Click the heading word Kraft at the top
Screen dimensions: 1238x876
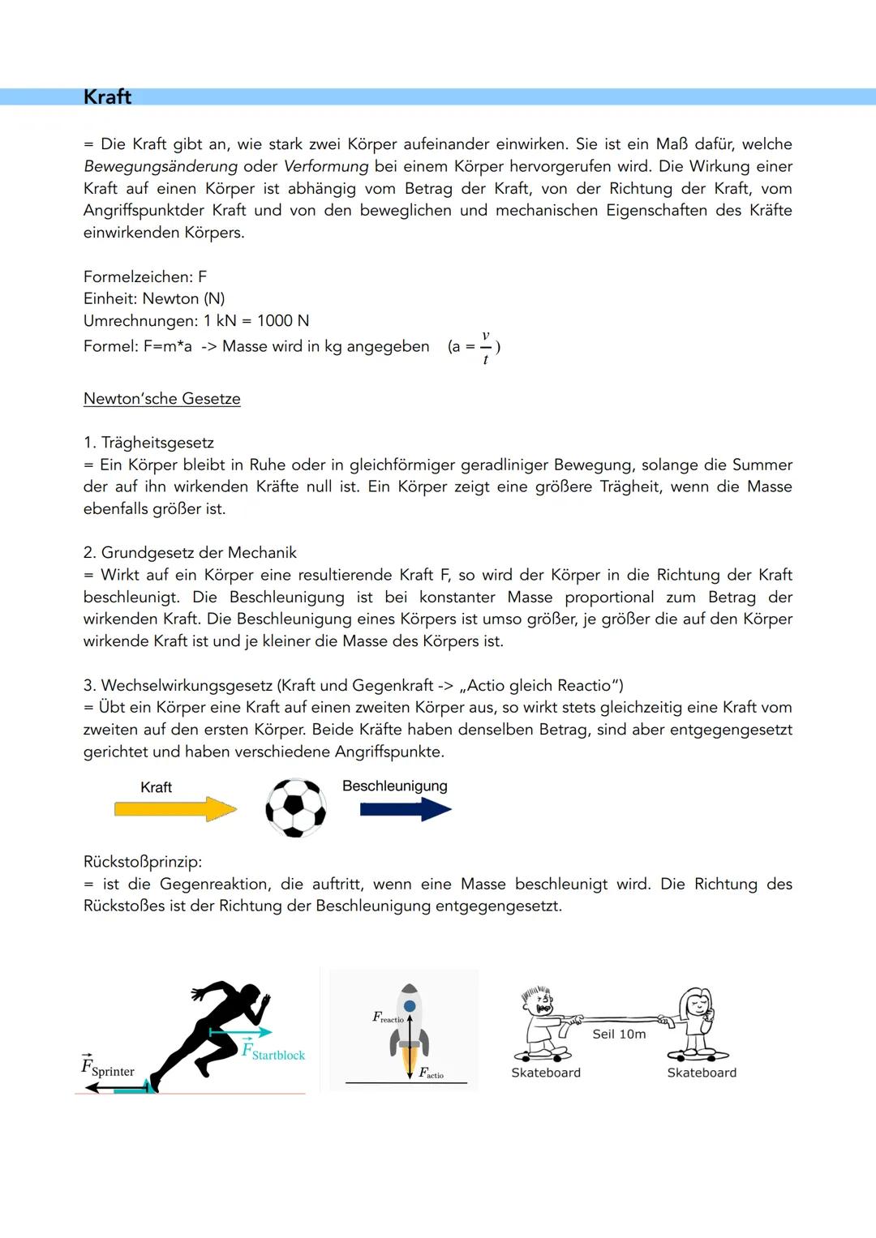pos(107,96)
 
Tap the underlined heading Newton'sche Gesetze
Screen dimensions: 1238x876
pos(161,399)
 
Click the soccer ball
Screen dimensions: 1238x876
pos(296,807)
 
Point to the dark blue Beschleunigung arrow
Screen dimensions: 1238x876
pos(406,808)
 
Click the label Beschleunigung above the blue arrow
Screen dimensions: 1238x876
pos(394,786)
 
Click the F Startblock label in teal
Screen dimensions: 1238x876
pos(273,1052)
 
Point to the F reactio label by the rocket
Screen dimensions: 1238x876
pos(388,1017)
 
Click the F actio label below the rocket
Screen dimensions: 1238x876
pos(431,1073)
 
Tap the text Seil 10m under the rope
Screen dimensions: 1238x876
pos(619,1034)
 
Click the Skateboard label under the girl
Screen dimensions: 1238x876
pos(702,1073)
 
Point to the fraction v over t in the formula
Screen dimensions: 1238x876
pos(485,347)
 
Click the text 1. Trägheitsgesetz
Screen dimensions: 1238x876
pos(148,443)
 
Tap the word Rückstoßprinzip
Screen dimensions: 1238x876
pos(143,861)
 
